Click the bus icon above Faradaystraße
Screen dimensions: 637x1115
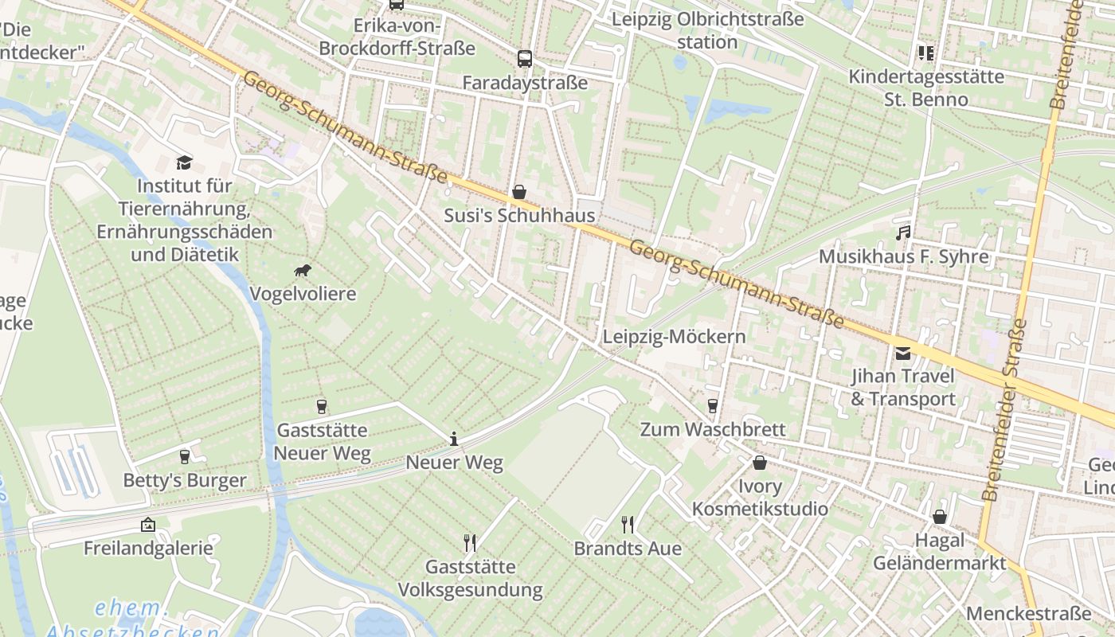coord(524,58)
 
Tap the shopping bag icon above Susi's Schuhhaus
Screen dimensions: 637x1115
coord(519,192)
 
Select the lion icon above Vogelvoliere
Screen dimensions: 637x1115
coord(303,271)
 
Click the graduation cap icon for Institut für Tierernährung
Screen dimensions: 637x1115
coord(184,162)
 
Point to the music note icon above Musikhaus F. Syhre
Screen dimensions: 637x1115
coord(902,233)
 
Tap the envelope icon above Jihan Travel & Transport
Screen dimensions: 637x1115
coord(902,353)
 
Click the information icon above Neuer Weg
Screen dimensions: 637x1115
coord(454,439)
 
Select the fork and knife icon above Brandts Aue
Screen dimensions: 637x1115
coord(628,524)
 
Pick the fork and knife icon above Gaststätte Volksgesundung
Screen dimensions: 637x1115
coord(470,543)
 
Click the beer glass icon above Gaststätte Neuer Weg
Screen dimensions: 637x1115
coord(322,407)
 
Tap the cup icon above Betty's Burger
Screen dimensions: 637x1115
coord(185,457)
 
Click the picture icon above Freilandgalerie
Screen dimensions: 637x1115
coord(147,525)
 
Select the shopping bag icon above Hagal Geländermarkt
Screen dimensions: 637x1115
coord(940,517)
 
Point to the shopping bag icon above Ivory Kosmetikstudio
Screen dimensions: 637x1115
coord(760,463)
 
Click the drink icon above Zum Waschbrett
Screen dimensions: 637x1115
coord(713,406)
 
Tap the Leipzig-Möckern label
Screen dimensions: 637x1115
coord(674,337)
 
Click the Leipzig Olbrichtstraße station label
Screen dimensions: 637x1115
coord(707,30)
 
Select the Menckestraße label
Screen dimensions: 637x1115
coord(1028,614)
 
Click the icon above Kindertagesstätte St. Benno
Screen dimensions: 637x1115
coord(925,53)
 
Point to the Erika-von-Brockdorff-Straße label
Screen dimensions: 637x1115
coord(397,37)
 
